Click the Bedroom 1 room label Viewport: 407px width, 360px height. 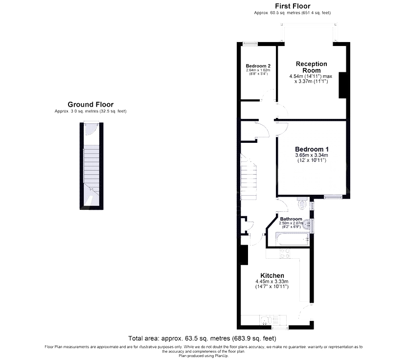(x=312, y=149)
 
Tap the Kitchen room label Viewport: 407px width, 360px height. (x=272, y=275)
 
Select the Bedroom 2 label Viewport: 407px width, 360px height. (x=258, y=66)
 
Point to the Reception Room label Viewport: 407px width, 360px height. (x=312, y=67)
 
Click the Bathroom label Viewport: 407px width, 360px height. (x=291, y=219)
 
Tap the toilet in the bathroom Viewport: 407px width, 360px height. (x=302, y=203)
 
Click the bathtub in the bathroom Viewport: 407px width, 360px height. (x=292, y=239)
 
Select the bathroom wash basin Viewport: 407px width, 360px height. (x=307, y=224)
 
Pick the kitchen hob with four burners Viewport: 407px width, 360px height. (x=285, y=253)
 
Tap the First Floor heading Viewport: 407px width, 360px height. (x=293, y=6)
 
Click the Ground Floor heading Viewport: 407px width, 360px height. (x=90, y=104)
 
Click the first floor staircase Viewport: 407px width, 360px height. (x=249, y=177)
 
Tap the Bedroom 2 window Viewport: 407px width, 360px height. (x=250, y=44)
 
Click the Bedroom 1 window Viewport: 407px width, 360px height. (x=333, y=197)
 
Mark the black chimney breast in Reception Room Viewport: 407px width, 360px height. (x=342, y=85)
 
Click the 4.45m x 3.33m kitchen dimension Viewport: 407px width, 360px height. (x=272, y=282)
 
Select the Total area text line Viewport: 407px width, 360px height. (x=202, y=338)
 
